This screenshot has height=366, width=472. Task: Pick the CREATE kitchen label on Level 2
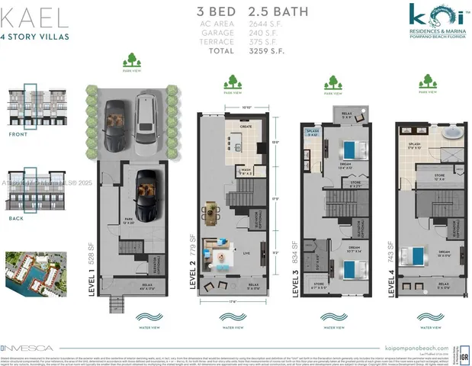tap(246, 127)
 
